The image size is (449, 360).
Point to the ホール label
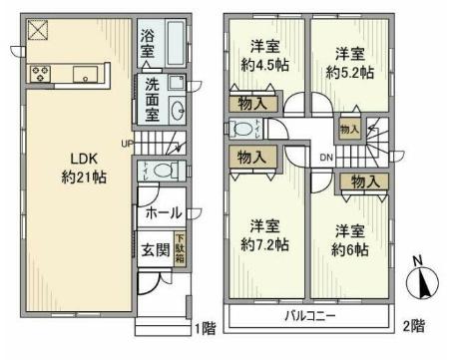tap(163, 212)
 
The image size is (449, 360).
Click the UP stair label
tap(126, 142)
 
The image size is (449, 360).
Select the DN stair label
tap(326, 159)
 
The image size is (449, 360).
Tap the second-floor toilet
tap(244, 128)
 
